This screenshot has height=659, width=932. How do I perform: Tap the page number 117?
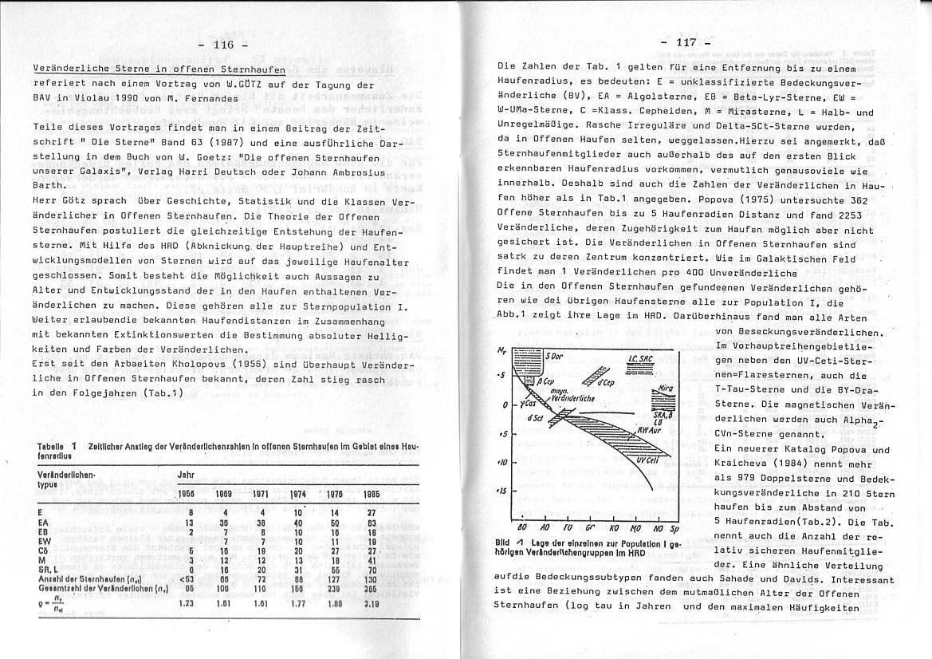click(686, 41)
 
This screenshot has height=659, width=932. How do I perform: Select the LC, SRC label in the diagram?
click(640, 359)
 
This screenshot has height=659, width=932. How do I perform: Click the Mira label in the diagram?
click(667, 389)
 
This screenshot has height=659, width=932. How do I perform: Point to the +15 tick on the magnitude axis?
click(504, 490)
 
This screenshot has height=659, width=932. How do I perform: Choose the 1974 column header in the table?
click(298, 494)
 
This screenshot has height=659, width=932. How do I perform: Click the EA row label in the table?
click(44, 523)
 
